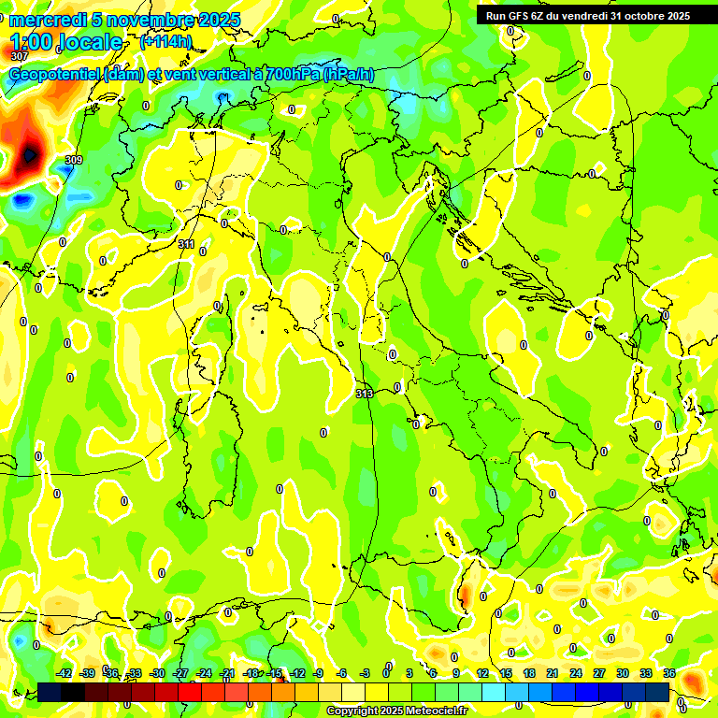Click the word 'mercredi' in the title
(x=46, y=21)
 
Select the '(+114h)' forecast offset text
(x=165, y=41)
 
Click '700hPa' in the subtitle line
(x=288, y=75)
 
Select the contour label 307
(x=19, y=57)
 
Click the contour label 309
(x=74, y=160)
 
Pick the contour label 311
(x=186, y=244)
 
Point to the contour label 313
(x=365, y=394)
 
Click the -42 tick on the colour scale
(x=64, y=673)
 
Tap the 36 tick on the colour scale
(x=669, y=673)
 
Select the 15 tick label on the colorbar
(x=506, y=673)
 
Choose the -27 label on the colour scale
(x=180, y=673)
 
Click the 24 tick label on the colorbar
(x=576, y=673)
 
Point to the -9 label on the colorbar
(x=318, y=673)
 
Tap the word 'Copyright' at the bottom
(x=352, y=711)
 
